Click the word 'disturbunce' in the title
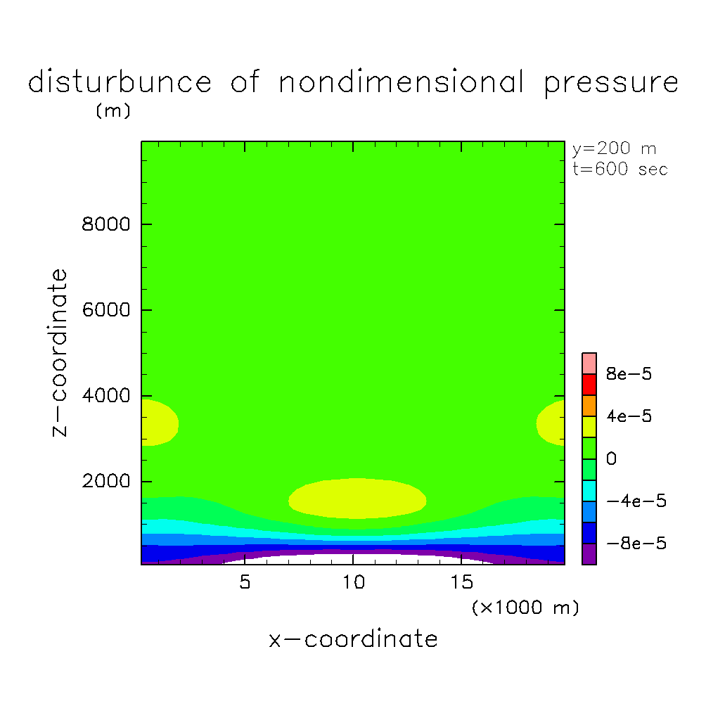pos(120,82)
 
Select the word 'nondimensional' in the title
pos(401,82)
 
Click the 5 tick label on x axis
pos(244,583)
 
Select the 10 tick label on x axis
pos(353,583)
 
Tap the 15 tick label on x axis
pos(461,583)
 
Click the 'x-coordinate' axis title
pos(353,639)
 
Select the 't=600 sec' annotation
pos(620,169)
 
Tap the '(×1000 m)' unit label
pos(525,608)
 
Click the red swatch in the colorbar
pos(589,385)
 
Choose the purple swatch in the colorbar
pos(589,554)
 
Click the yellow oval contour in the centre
pos(357,499)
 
